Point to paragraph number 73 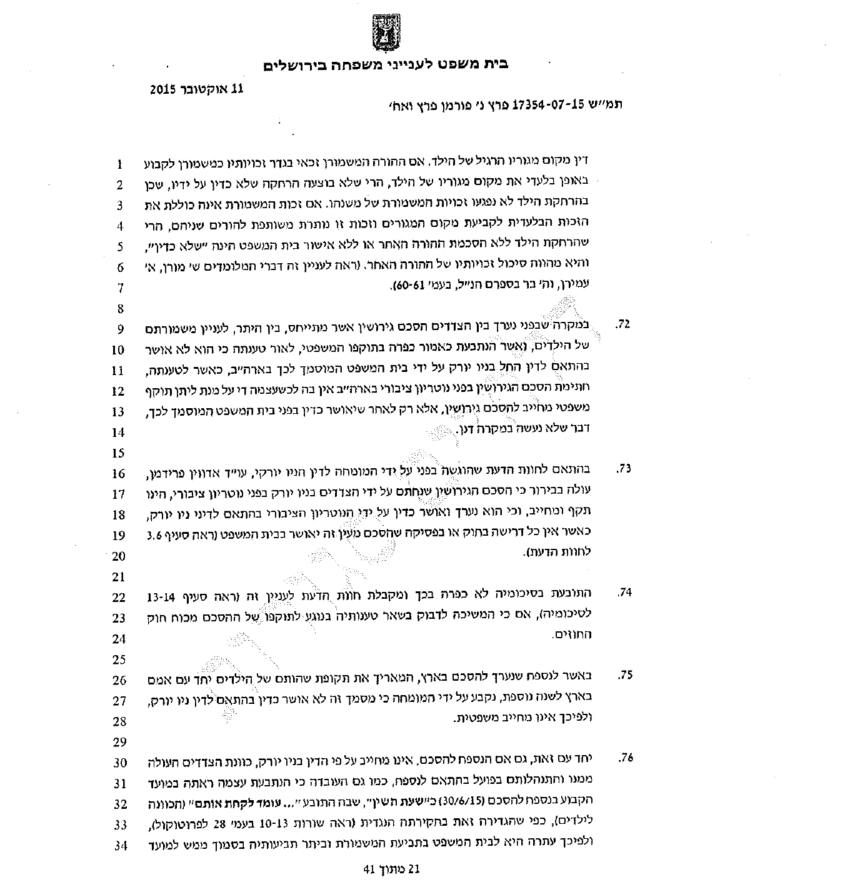coord(623,469)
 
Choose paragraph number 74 coord(623,593)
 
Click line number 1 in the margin coord(119,165)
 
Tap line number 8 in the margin coord(119,309)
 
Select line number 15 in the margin coord(119,453)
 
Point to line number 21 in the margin coord(119,577)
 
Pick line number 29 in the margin coord(119,742)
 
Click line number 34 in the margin coord(119,846)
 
